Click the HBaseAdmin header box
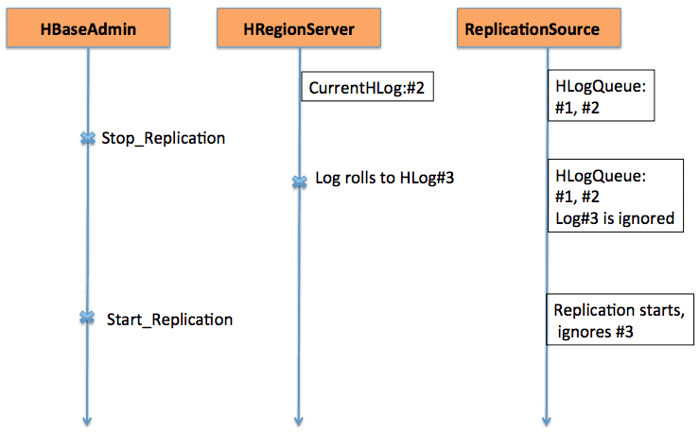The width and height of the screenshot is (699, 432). click(x=89, y=29)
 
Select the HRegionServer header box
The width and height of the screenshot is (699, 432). click(x=299, y=29)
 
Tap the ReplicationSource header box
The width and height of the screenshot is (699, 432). click(x=546, y=29)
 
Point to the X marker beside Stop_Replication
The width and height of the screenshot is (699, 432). click(x=87, y=138)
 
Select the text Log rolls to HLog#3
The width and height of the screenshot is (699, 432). click(x=385, y=179)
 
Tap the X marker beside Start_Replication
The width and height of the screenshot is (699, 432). click(x=87, y=318)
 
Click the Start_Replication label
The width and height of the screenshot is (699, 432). click(x=169, y=319)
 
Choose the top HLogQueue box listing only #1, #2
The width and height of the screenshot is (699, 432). click(x=603, y=95)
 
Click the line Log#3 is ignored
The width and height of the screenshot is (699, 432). click(x=614, y=217)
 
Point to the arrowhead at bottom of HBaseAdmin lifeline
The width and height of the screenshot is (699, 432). click(x=87, y=421)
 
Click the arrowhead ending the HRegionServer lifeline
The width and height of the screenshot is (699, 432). click(x=299, y=421)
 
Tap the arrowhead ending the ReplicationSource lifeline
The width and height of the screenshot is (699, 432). click(x=547, y=421)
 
